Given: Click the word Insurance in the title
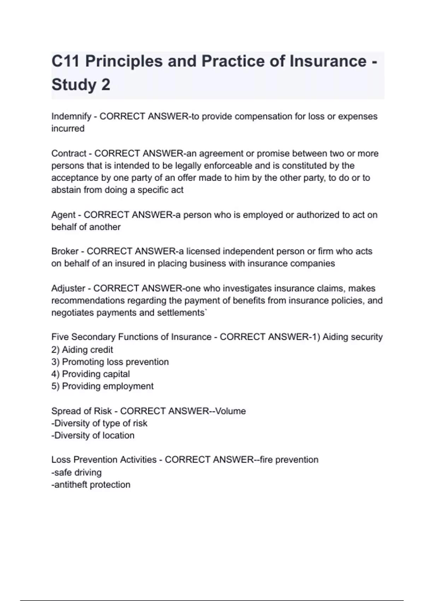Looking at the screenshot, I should pyautogui.click(x=328, y=61).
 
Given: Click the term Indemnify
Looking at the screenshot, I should pyautogui.click(x=71, y=116).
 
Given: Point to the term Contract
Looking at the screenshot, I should pyautogui.click(x=69, y=153).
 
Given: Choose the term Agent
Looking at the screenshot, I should pyautogui.click(x=63, y=215).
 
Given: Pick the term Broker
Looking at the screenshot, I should pyautogui.click(x=65, y=251).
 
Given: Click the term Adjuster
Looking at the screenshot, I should pyautogui.click(x=68, y=288).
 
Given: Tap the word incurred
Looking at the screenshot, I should pyautogui.click(x=68, y=129).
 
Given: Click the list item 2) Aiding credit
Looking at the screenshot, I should pyautogui.click(x=82, y=350).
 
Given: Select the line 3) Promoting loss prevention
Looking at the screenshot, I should pyautogui.click(x=110, y=362).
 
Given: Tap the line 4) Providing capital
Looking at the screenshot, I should pyautogui.click(x=90, y=374).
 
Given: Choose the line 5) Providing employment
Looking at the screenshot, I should pyautogui.click(x=102, y=386).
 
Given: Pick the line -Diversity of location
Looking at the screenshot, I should pyautogui.click(x=93, y=436).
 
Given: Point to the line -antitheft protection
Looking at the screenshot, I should pyautogui.click(x=91, y=485).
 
